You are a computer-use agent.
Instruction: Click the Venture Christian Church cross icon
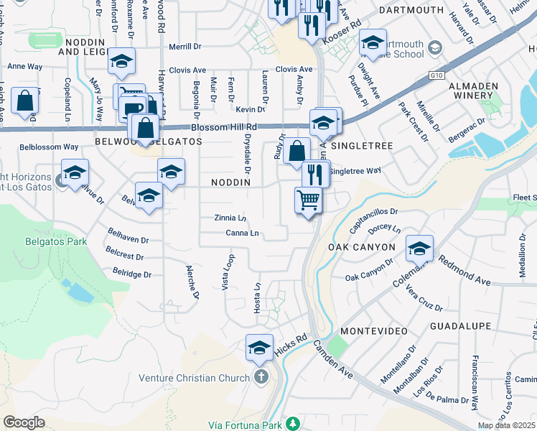pos(261,378)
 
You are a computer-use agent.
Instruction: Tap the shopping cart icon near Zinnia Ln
pos(309,199)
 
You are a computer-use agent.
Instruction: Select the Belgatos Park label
pos(55,242)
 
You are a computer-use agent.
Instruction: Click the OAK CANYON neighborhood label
pos(362,247)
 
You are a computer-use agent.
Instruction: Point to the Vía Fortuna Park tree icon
pos(292,424)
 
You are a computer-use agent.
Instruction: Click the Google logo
pos(24,422)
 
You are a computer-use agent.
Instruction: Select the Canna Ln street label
pos(242,233)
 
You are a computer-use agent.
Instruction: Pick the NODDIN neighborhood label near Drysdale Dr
pos(230,182)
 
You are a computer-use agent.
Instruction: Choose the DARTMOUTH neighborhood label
pos(411,10)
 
